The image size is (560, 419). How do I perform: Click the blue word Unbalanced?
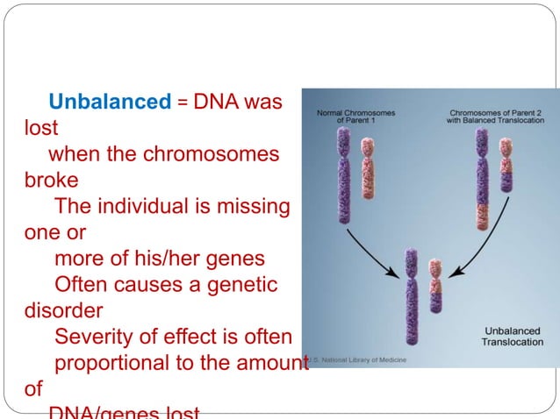click(110, 102)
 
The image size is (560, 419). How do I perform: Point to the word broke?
click(52, 181)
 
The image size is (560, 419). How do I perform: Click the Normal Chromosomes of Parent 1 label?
click(355, 117)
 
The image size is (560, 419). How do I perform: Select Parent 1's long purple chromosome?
click(343, 175)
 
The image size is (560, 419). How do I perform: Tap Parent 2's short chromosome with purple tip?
click(506, 164)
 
